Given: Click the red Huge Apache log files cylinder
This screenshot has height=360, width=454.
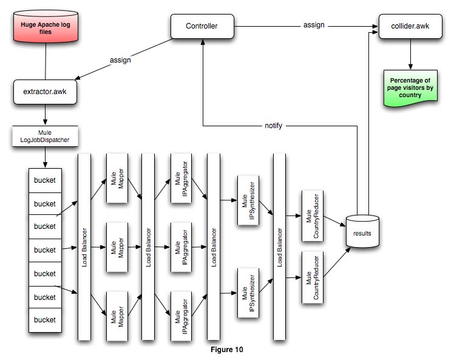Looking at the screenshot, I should tap(46, 28).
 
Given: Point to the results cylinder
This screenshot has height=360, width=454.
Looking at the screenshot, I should tap(363, 231).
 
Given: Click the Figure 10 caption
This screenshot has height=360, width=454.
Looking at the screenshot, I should tap(226, 350).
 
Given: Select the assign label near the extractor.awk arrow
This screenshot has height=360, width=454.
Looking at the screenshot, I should tap(120, 60).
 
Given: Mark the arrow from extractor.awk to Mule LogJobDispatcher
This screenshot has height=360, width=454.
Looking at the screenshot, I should tap(45, 115).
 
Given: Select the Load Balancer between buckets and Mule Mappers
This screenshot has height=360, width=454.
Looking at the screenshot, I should tap(84, 246).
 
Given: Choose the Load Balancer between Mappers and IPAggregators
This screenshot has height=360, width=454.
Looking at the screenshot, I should tap(148, 246).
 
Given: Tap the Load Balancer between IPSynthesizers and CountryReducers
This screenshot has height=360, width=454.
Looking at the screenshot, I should tap(280, 246).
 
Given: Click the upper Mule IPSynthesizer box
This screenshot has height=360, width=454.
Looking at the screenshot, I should tap(248, 198).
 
